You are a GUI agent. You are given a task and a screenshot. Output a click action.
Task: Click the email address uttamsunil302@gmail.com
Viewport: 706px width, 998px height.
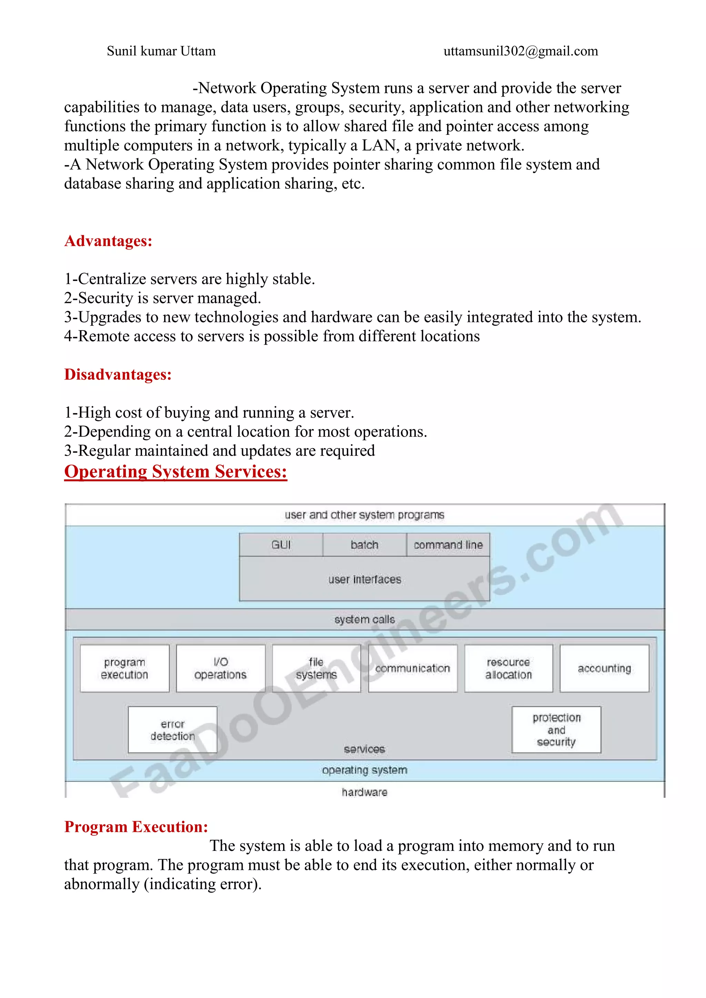tap(521, 51)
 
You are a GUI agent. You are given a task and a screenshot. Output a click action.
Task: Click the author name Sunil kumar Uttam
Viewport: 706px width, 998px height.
tap(161, 51)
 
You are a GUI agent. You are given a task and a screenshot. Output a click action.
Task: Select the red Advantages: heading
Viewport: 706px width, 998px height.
tap(108, 241)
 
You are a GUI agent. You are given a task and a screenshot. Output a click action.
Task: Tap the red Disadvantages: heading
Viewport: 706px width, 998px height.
tap(118, 374)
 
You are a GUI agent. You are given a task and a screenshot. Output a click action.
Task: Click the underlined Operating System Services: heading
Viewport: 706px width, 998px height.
tap(175, 472)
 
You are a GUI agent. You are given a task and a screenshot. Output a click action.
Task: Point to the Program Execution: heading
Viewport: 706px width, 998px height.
tap(136, 826)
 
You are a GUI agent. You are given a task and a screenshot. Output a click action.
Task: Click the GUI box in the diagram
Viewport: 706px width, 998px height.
tap(281, 544)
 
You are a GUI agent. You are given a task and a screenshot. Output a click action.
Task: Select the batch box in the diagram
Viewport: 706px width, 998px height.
tap(364, 544)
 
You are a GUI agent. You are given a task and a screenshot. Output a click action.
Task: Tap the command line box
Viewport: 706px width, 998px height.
tap(448, 544)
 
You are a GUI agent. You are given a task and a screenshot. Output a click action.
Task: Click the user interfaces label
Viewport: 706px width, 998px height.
tap(364, 579)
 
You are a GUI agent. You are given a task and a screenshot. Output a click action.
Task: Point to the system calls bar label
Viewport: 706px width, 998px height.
tap(364, 619)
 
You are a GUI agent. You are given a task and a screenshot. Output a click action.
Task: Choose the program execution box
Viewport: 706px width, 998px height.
tap(124, 668)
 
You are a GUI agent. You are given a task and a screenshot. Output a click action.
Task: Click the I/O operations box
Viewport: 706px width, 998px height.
tap(220, 668)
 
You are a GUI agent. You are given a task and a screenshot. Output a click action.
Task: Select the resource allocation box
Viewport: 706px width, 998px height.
tap(508, 668)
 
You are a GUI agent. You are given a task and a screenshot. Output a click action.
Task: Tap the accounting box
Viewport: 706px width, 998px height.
tap(604, 668)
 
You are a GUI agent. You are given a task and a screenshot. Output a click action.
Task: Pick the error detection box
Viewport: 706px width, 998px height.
tap(173, 730)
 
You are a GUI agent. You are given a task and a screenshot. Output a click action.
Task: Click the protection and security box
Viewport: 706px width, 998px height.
tap(556, 730)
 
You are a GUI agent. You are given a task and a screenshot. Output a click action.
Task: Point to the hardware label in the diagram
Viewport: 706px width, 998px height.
tap(364, 792)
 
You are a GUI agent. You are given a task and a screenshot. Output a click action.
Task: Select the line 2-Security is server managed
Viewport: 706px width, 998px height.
tap(163, 298)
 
